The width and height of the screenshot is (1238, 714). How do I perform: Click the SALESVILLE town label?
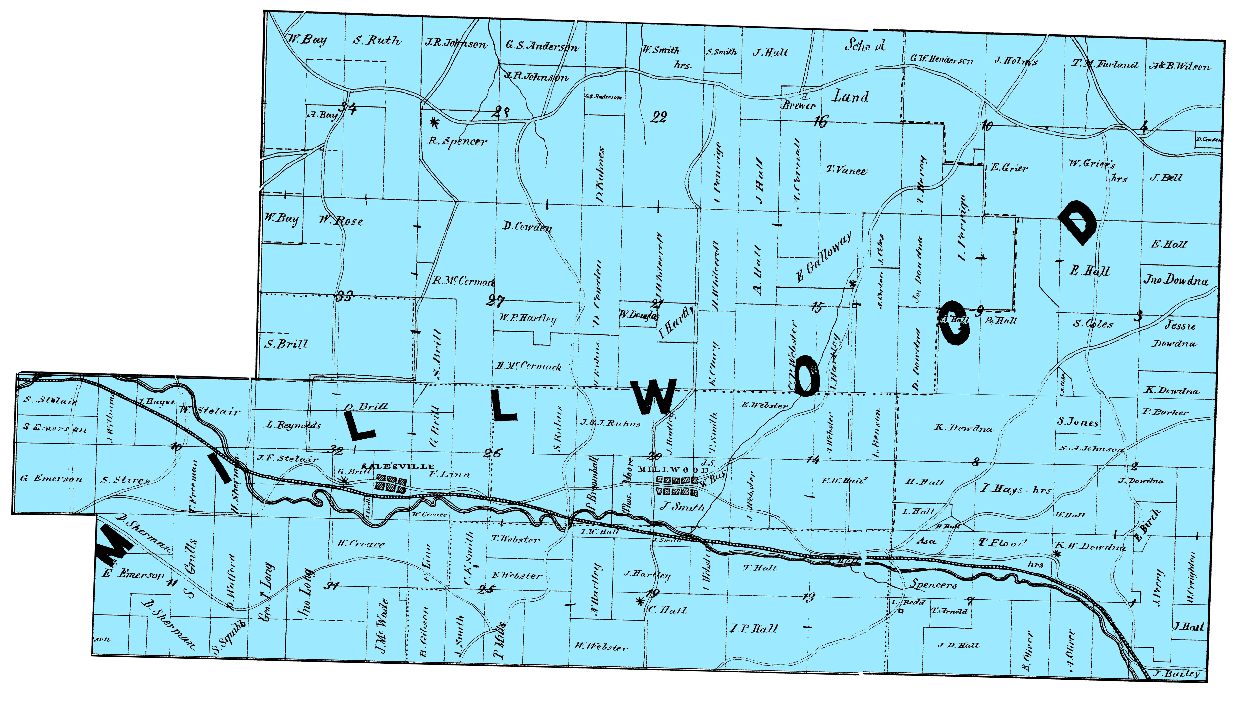coord(397,466)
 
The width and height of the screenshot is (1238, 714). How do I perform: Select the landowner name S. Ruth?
coord(377,40)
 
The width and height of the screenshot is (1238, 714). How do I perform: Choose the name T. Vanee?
coord(846,171)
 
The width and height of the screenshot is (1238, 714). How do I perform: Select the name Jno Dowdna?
coord(1176,280)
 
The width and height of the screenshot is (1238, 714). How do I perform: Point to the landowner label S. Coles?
coord(1093,324)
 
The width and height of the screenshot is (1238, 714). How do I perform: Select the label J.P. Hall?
coord(754,629)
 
